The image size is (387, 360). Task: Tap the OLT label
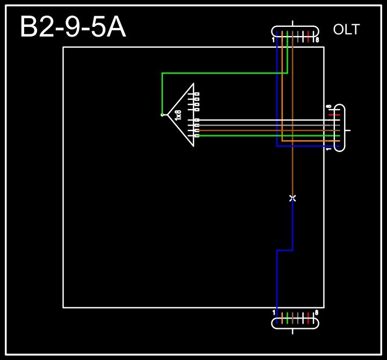pyautogui.click(x=346, y=30)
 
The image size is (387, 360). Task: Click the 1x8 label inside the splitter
pyautogui.click(x=178, y=114)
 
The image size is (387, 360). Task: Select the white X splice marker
pyautogui.click(x=292, y=198)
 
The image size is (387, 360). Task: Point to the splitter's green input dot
pyautogui.click(x=162, y=114)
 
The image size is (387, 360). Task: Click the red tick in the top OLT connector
pyautogui.click(x=308, y=37)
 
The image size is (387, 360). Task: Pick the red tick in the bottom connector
pyautogui.click(x=308, y=317)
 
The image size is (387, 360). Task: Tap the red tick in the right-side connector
pyautogui.click(x=334, y=114)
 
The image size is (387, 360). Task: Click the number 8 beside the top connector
pyautogui.click(x=317, y=40)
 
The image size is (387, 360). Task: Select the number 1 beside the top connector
pyautogui.click(x=274, y=40)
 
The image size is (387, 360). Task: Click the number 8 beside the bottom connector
pyautogui.click(x=317, y=312)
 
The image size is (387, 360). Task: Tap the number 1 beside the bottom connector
pyautogui.click(x=274, y=312)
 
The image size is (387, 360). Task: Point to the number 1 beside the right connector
pyautogui.click(x=328, y=148)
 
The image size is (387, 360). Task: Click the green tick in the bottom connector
pyautogui.click(x=288, y=317)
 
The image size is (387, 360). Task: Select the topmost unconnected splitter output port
pyautogui.click(x=196, y=94)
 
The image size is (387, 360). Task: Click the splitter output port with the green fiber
pyautogui.click(x=197, y=135)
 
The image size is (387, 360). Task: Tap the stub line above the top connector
pyautogui.click(x=292, y=23)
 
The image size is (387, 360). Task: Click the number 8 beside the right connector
pyautogui.click(x=328, y=106)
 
